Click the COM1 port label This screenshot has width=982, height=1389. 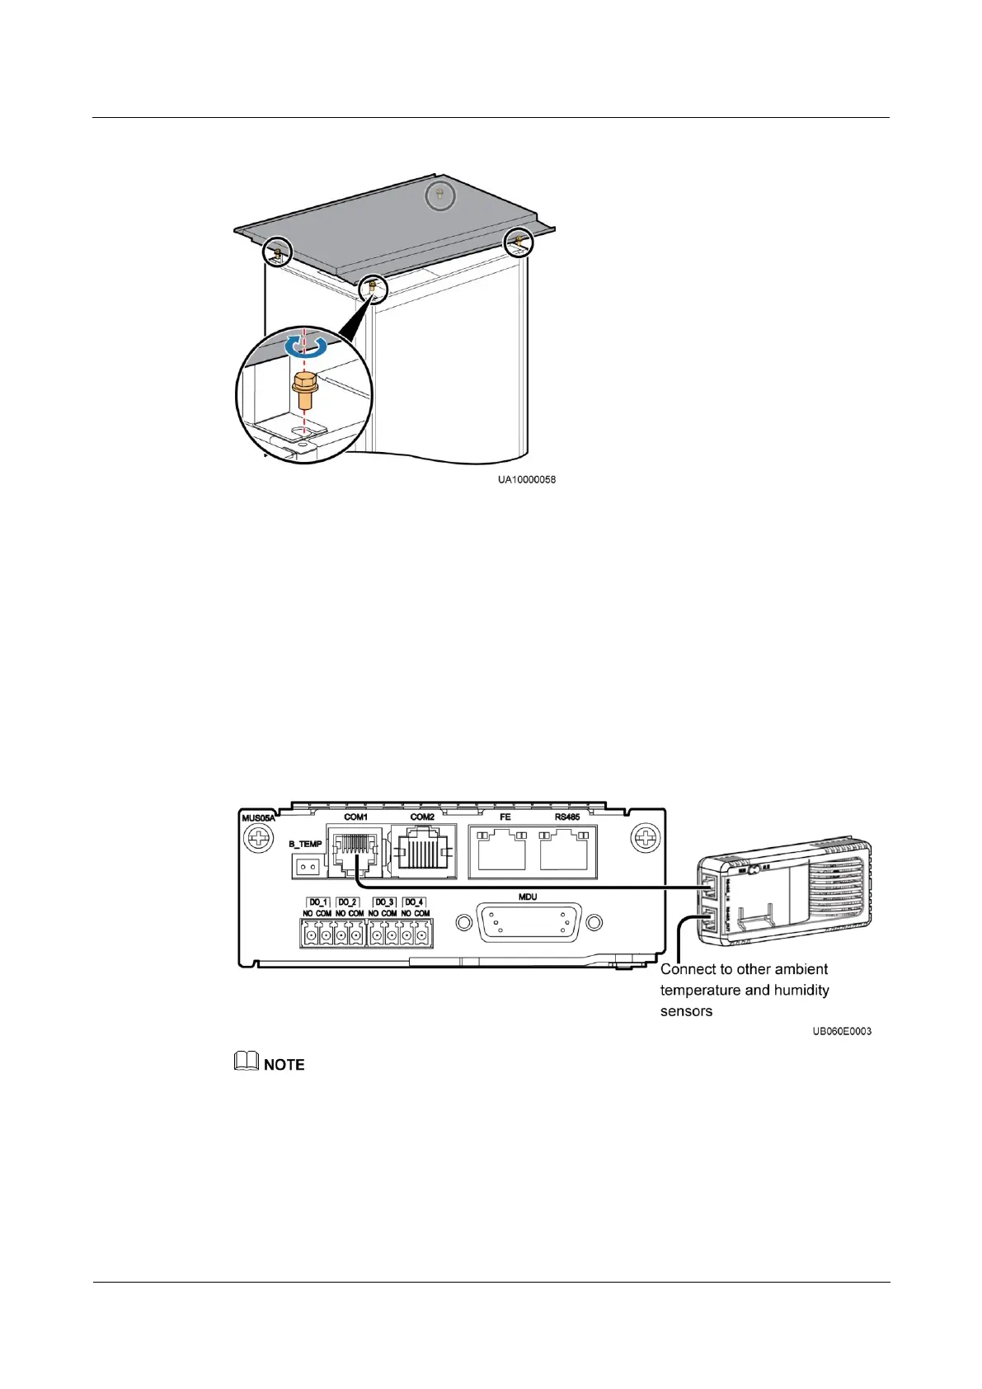[x=355, y=817]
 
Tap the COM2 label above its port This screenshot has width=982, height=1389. [x=422, y=817]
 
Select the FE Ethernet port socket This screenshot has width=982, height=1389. [x=501, y=850]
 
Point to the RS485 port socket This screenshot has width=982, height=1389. [x=564, y=850]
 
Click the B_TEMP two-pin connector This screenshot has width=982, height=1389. [x=307, y=867]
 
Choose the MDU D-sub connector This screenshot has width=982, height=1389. [x=529, y=922]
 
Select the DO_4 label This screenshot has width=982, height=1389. [x=414, y=902]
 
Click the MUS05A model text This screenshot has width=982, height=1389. [x=257, y=818]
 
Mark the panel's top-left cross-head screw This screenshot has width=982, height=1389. [x=258, y=840]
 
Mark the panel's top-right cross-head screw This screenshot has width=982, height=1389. [x=645, y=840]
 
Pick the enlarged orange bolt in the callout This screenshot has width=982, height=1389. [x=305, y=391]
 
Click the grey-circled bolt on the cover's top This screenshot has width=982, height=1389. [x=440, y=195]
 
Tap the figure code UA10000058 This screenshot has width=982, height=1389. [x=526, y=479]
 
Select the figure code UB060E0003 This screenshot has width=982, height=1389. [x=841, y=1031]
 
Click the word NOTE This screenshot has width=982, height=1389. [x=284, y=1065]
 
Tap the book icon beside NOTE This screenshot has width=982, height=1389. [x=247, y=1062]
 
